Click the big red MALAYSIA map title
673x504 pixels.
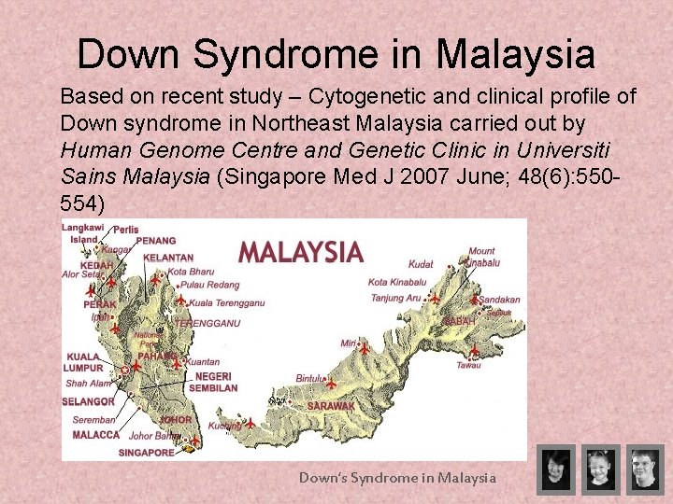300,252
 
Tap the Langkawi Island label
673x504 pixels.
82,233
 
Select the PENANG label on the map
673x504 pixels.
155,241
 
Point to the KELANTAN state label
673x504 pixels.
169,258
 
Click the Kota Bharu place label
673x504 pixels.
191,272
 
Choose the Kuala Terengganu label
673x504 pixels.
226,302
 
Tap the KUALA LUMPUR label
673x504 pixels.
85,362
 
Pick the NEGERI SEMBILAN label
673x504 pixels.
213,382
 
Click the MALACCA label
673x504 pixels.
95,435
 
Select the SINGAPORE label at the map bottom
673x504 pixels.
146,453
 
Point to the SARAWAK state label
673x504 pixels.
331,406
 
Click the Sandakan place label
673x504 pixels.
498,300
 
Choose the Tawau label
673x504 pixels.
468,365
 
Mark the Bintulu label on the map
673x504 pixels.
308,378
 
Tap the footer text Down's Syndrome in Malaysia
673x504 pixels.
397,478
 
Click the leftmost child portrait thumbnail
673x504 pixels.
555,469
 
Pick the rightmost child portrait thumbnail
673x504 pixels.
645,469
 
